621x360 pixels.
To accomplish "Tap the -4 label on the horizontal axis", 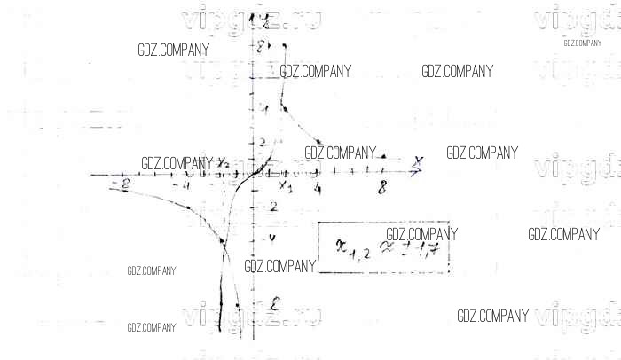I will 185,184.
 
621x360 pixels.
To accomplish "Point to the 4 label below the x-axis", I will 317,187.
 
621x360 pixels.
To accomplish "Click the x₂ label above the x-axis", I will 224,162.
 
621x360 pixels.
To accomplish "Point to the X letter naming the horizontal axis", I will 416,160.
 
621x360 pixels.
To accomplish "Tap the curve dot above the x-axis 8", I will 382,156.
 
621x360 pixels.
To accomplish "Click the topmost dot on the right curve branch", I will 284,45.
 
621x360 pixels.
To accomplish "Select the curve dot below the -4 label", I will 188,207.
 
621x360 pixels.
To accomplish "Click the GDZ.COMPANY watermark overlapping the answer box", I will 422,233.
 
